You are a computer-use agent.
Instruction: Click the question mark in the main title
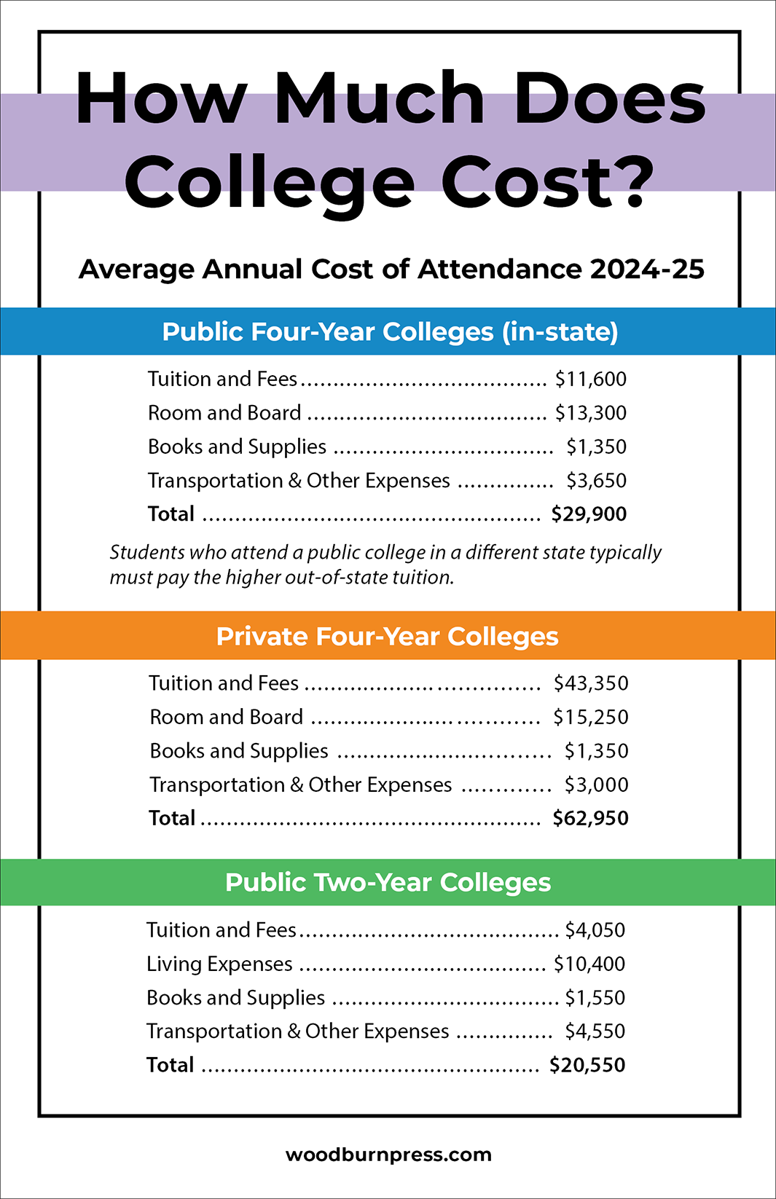point(626,180)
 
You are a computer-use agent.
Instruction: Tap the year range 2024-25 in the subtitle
point(647,270)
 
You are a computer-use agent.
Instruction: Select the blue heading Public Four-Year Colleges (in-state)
point(390,332)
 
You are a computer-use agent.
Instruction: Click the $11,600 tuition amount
point(590,380)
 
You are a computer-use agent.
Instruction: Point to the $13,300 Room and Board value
point(590,413)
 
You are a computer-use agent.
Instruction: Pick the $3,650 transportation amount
point(596,481)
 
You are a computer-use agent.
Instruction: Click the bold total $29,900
point(589,514)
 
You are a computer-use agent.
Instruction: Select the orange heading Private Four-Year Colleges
point(387,637)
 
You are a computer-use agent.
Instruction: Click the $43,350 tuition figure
point(591,683)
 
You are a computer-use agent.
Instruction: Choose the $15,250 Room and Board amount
point(590,718)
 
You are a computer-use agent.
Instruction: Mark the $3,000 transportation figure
point(596,785)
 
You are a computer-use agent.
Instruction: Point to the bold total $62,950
point(590,819)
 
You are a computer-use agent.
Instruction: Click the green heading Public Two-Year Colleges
point(388,883)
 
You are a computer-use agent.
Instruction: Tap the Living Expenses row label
point(219,964)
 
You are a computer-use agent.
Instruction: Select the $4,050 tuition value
point(595,930)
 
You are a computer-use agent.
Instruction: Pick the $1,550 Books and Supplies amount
point(595,998)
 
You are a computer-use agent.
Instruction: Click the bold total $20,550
point(587,1065)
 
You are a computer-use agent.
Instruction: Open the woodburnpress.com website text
point(388,1155)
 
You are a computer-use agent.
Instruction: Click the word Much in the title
point(379,98)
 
